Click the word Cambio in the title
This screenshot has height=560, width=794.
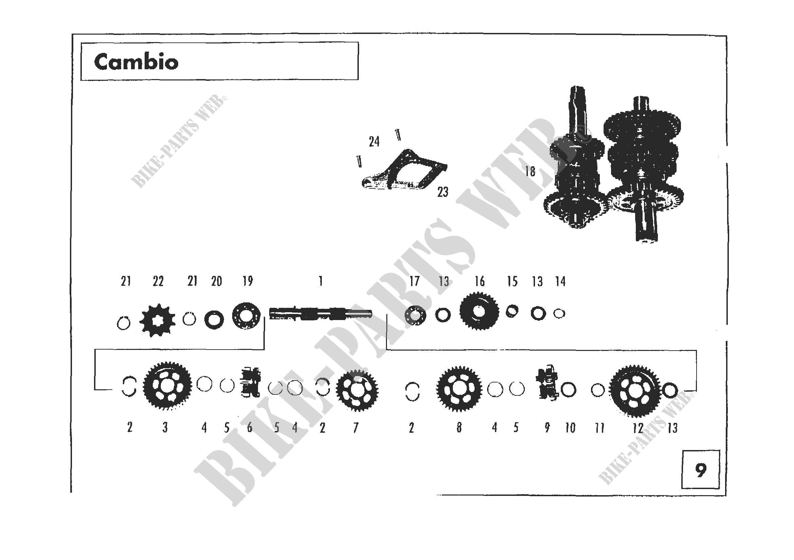click(136, 62)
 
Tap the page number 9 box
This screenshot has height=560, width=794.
click(701, 469)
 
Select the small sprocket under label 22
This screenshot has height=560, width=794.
click(158, 320)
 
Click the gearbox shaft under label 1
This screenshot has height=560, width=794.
click(320, 314)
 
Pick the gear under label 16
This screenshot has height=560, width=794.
click(479, 311)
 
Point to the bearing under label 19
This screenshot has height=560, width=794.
click(246, 316)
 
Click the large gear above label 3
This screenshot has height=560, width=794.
click(167, 386)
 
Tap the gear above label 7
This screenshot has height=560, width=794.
click(357, 390)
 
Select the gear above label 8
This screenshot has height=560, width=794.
click(459, 389)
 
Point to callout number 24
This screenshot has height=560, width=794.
click(374, 142)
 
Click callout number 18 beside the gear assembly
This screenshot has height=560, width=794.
click(530, 171)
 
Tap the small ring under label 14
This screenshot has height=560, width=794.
click(559, 314)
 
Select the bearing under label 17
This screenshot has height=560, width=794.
click(415, 315)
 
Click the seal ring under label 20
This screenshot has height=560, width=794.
click(214, 320)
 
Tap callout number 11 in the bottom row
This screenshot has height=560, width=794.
click(599, 428)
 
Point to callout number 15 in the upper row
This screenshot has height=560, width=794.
click(512, 282)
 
